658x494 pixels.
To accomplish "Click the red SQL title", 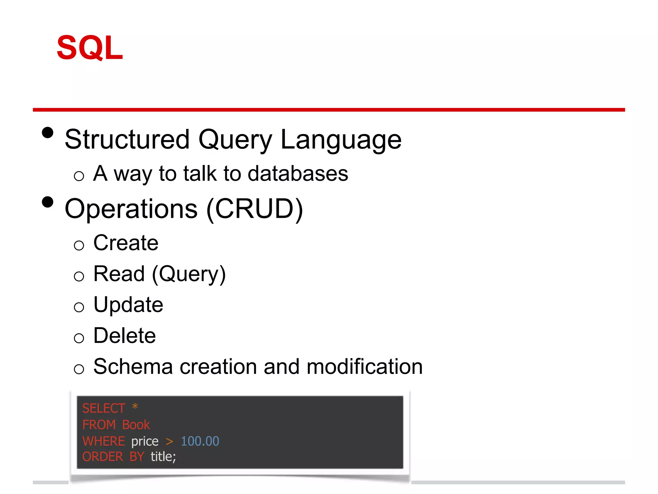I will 90,48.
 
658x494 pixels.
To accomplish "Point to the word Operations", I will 131,209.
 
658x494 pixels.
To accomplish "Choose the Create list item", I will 126,243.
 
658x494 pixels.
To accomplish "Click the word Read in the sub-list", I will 119,274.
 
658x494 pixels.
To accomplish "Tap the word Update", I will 128,305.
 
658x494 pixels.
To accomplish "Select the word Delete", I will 125,336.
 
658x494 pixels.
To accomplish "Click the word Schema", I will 133,367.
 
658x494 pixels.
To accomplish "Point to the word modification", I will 364,367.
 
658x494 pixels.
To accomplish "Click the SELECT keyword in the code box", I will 103,408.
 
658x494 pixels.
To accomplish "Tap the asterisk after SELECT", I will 135,407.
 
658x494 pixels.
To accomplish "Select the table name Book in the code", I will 136,425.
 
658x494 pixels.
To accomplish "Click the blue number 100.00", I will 200,441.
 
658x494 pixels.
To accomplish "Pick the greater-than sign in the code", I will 169,442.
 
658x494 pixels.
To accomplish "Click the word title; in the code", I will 163,457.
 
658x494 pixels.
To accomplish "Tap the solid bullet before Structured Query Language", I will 48,133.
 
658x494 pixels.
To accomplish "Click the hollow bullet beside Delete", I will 79,338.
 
